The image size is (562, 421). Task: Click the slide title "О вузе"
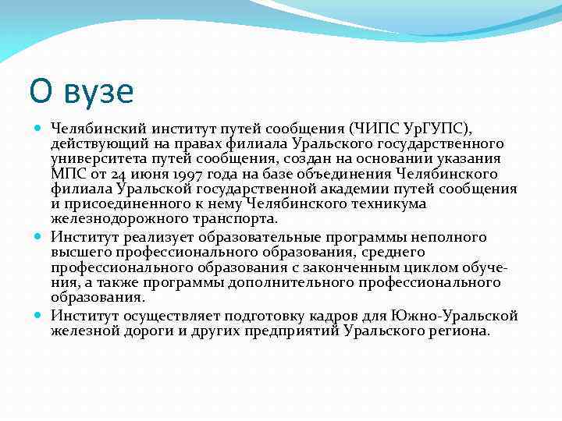click(81, 92)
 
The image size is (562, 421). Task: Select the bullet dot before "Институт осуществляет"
click(38, 315)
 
